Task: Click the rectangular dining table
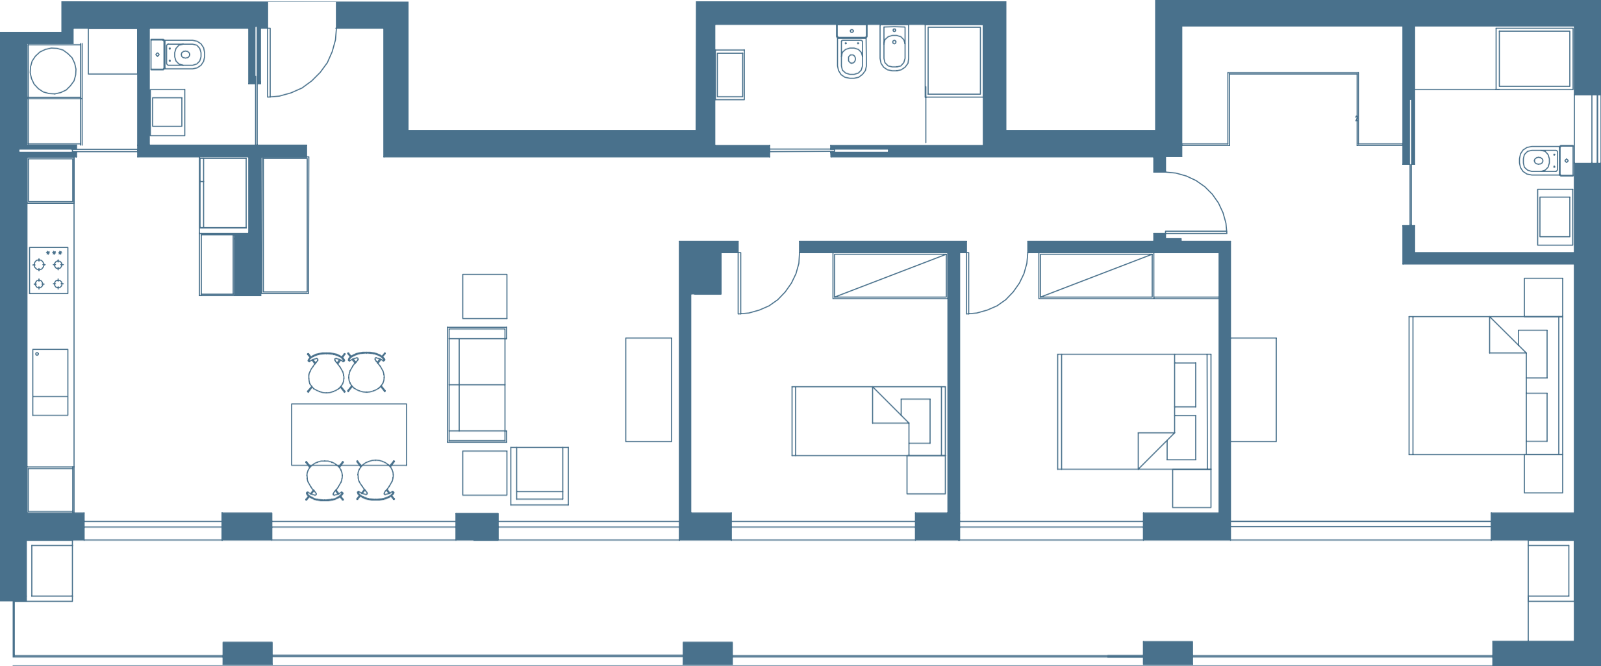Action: tap(349, 434)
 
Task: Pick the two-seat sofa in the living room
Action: tap(477, 385)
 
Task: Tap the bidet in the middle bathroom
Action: tap(894, 49)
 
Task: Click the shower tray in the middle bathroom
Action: tap(953, 60)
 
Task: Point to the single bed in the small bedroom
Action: tap(867, 421)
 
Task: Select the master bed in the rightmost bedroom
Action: tap(1484, 386)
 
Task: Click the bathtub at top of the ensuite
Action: tap(1533, 58)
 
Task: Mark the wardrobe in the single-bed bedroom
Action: tap(889, 277)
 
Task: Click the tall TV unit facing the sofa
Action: tap(648, 389)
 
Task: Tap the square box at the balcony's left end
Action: tap(51, 571)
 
